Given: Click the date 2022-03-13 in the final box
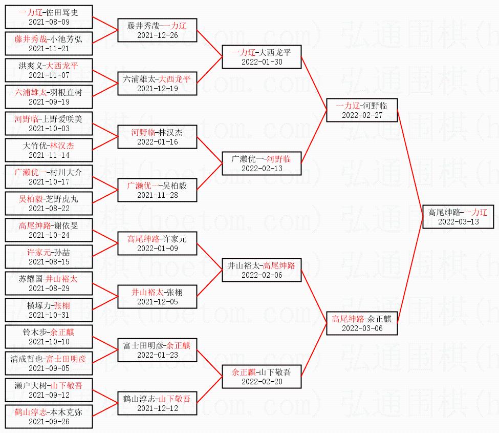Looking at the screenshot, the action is tap(458, 221).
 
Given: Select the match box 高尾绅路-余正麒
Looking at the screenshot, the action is tap(362, 323).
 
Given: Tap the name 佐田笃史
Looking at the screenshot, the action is tap(62, 12).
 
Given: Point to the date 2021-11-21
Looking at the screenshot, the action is tap(49, 49).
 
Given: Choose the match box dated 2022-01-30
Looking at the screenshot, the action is tap(262, 56).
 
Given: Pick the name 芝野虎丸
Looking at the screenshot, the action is tap(62, 199).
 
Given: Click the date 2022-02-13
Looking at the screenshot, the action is tap(262, 168).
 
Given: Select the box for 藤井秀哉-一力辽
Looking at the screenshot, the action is tap(157, 30).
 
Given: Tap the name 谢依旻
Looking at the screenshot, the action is tap(66, 225).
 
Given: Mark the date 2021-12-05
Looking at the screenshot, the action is tap(157, 302).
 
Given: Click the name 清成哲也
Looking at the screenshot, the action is tap(27, 359).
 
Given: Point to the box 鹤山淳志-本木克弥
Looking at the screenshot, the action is tap(49, 416).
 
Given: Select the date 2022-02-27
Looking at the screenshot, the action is tap(362, 115).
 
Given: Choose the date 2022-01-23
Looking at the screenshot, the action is tap(157, 355).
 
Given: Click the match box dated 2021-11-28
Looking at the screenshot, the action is tap(157, 190).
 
